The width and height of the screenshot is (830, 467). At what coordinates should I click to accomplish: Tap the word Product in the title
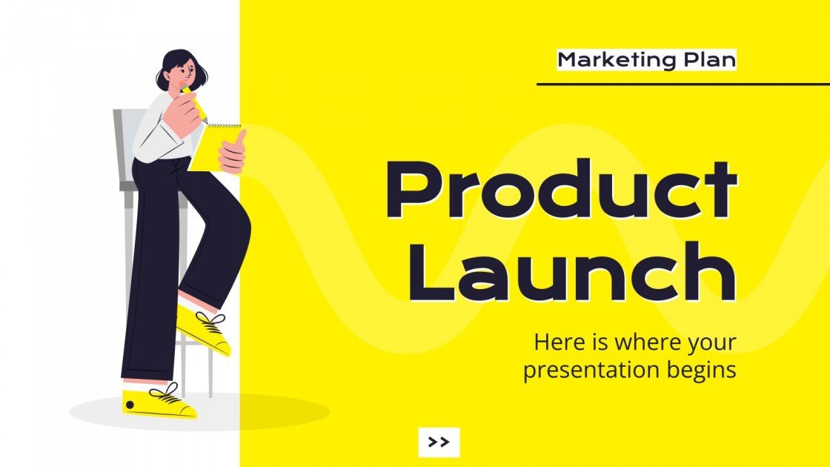click(x=561, y=191)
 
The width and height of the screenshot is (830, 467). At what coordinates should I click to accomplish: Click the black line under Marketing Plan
click(x=682, y=84)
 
